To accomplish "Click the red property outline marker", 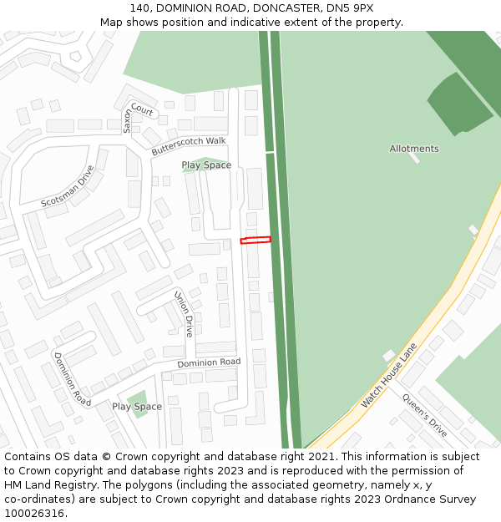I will [x=256, y=241].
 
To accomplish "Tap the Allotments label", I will [x=413, y=149].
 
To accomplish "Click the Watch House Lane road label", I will [x=388, y=376].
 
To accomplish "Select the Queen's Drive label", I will [x=424, y=414].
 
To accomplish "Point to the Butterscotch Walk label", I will [x=189, y=146].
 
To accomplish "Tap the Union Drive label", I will [x=184, y=314].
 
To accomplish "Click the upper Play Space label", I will [x=206, y=165].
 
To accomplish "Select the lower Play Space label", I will [x=137, y=407].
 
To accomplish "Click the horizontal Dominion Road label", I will [x=209, y=363].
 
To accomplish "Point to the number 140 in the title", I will [x=139, y=8].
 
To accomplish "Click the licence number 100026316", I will [x=34, y=514].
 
